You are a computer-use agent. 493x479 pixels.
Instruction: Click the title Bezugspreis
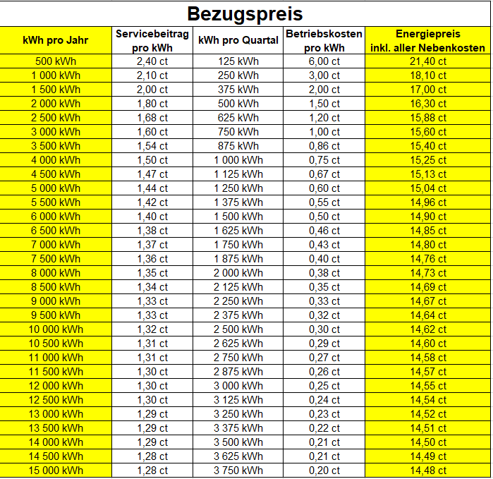[245, 13]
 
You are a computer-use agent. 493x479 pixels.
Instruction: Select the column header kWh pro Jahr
[56, 40]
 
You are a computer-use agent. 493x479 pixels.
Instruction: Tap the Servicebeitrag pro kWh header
[152, 40]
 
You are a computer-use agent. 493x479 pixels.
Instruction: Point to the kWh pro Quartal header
[238, 40]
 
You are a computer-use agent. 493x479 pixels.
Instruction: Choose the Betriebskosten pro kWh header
[324, 40]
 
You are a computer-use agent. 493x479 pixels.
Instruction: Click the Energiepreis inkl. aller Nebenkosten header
[427, 40]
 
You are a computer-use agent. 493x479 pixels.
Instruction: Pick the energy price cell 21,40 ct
[427, 61]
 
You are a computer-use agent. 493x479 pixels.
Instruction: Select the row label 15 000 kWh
[56, 471]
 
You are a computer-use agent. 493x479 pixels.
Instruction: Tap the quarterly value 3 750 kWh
[238, 471]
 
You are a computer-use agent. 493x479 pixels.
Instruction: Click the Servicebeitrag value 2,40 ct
[152, 61]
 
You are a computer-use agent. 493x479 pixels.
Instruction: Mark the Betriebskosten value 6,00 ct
[324, 61]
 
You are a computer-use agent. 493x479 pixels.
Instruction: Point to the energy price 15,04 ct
[427, 188]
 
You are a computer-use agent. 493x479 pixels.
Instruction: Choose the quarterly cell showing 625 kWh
[238, 118]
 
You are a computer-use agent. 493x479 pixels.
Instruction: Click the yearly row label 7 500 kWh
[56, 259]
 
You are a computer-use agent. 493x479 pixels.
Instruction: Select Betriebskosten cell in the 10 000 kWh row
[324, 329]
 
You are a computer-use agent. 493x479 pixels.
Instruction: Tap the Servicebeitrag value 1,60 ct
[152, 132]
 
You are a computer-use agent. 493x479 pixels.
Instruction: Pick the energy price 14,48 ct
[427, 471]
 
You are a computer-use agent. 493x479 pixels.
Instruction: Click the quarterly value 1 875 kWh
[238, 259]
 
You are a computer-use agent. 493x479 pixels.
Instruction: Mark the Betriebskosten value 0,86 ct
[324, 146]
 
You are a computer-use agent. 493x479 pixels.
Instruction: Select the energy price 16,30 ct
[427, 104]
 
